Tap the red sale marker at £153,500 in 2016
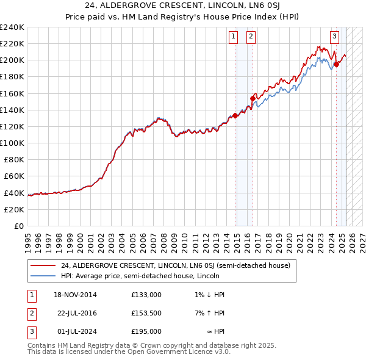pos(253,98)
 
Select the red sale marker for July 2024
pos(336,64)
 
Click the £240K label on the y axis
pos(12,27)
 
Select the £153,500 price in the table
pos(146,313)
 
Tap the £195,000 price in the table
pos(146,331)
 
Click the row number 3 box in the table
pos(31,331)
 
